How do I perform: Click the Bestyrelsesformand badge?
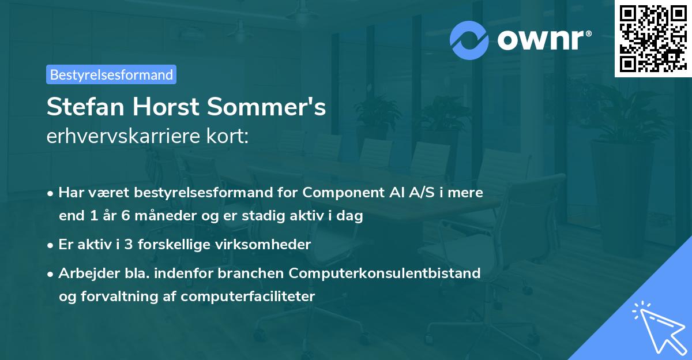[x=111, y=74]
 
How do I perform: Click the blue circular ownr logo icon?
[x=469, y=39]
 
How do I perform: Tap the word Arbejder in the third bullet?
[x=84, y=273]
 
